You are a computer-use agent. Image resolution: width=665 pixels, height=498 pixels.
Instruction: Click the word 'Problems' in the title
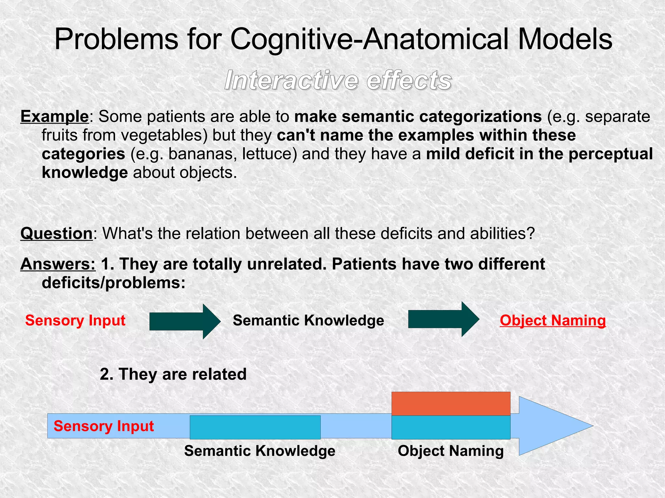click(116, 40)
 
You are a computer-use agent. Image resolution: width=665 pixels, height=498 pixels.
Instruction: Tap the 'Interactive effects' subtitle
click(338, 80)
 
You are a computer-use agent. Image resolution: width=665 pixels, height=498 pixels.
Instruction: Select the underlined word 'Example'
click(54, 116)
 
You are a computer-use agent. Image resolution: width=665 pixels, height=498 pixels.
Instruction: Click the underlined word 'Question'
click(56, 233)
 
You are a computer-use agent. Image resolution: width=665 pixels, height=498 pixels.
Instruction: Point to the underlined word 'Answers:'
click(58, 264)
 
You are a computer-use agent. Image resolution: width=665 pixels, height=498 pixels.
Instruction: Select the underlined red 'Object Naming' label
click(553, 321)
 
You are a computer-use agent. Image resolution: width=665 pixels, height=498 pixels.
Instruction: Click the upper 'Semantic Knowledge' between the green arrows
click(308, 321)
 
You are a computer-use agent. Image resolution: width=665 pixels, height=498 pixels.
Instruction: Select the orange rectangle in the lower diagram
click(451, 404)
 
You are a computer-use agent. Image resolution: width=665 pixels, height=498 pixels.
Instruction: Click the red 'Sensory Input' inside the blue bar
click(104, 426)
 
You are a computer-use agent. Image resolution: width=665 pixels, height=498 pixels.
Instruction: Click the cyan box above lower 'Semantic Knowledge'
click(255, 427)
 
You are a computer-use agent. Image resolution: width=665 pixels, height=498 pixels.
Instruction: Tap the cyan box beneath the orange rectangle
click(451, 427)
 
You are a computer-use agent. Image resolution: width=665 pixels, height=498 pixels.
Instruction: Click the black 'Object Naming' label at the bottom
click(450, 451)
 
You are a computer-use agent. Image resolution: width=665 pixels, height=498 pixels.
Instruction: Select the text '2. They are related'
click(173, 374)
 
